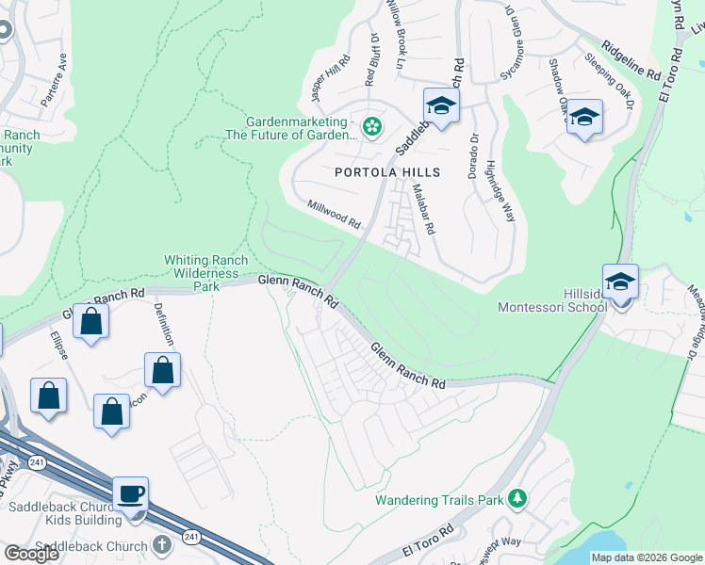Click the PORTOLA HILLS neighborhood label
(387, 172)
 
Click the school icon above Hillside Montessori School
(620, 282)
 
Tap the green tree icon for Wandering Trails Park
(516, 498)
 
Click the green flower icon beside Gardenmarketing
(372, 126)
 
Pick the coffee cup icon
(131, 493)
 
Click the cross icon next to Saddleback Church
(162, 546)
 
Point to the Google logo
(31, 554)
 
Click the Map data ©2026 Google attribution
(646, 557)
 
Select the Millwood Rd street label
(334, 215)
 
